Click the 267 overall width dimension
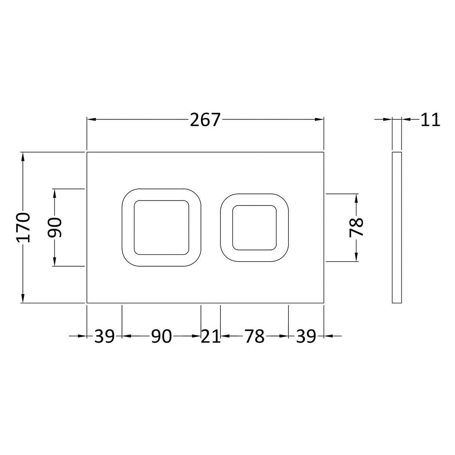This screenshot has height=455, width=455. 205,120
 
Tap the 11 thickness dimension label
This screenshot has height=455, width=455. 430,120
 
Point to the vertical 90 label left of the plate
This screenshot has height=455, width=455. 55,227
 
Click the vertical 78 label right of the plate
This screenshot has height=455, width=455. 356,227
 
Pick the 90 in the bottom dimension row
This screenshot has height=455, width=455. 161,336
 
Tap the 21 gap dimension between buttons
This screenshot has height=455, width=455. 211,336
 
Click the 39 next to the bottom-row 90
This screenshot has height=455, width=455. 104,336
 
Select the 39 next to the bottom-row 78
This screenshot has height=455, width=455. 306,336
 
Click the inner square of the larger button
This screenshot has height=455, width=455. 162,227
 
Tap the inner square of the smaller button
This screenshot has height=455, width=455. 254,227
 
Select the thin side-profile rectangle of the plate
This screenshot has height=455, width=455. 397,227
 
